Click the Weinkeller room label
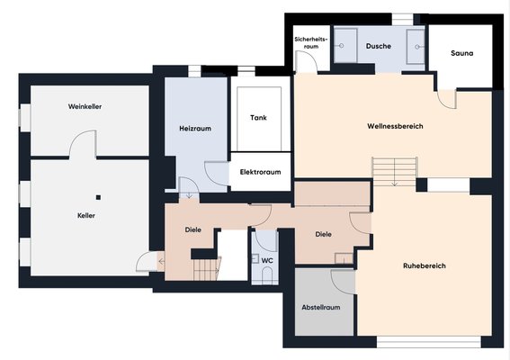[85, 106]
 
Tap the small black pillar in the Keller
[98, 197]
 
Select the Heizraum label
[195, 129]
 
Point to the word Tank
[258, 118]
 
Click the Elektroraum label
[261, 172]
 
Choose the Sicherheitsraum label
[311, 42]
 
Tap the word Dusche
[379, 46]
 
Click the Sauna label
[461, 53]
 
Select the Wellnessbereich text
[395, 126]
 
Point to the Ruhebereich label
[425, 265]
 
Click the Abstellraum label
[321, 307]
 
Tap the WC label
[267, 261]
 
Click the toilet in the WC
[267, 275]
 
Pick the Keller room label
[86, 215]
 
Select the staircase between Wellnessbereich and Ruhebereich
[395, 172]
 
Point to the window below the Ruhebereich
[429, 342]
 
